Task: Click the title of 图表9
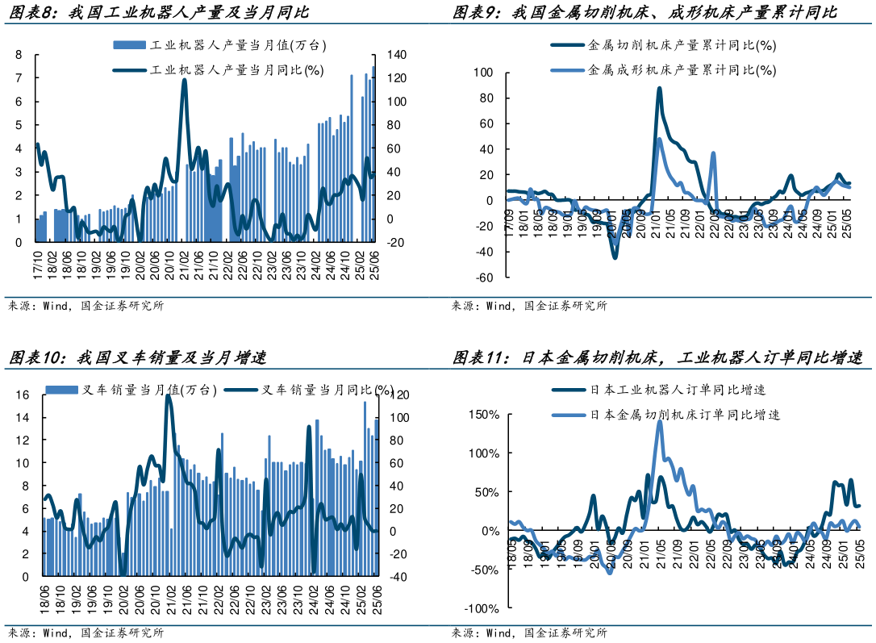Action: (644, 13)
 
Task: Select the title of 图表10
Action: (138, 357)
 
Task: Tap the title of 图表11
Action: (657, 357)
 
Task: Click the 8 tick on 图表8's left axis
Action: (19, 55)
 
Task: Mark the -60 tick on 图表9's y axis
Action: (483, 278)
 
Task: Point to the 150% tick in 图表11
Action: (484, 415)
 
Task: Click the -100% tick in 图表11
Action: (482, 608)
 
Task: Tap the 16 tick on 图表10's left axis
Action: (23, 395)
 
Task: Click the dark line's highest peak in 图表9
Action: (659, 89)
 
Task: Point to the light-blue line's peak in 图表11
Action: (660, 421)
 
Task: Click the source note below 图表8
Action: (86, 306)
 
